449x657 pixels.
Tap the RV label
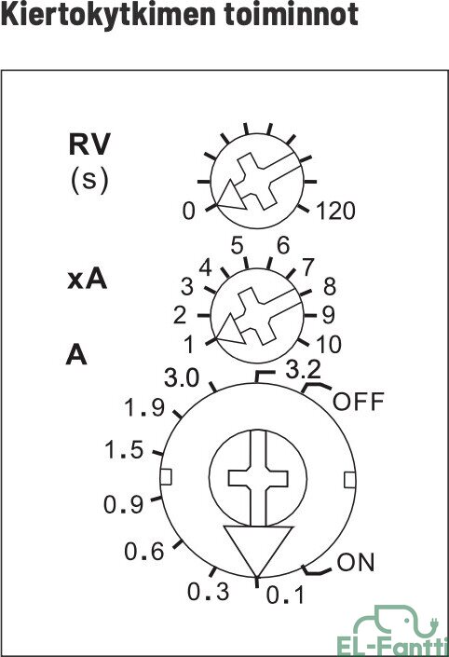[89, 144]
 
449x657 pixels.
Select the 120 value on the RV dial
[336, 211]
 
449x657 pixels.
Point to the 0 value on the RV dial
[189, 211]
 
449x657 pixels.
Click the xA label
[88, 279]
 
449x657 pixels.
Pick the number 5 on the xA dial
[237, 245]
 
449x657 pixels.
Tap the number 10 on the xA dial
[329, 345]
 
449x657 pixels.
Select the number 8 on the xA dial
[330, 287]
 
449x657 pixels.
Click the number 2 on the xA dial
[180, 315]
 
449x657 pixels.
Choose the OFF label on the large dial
[359, 402]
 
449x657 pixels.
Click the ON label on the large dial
[356, 562]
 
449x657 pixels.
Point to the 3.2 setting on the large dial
[304, 370]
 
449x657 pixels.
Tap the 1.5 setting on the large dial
[124, 449]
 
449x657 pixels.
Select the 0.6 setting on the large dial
[144, 552]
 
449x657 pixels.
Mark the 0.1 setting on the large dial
[285, 595]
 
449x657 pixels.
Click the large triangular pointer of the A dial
[258, 545]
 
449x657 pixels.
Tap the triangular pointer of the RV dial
[230, 198]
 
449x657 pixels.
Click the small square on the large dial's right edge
[349, 480]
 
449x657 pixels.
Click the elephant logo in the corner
[394, 631]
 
